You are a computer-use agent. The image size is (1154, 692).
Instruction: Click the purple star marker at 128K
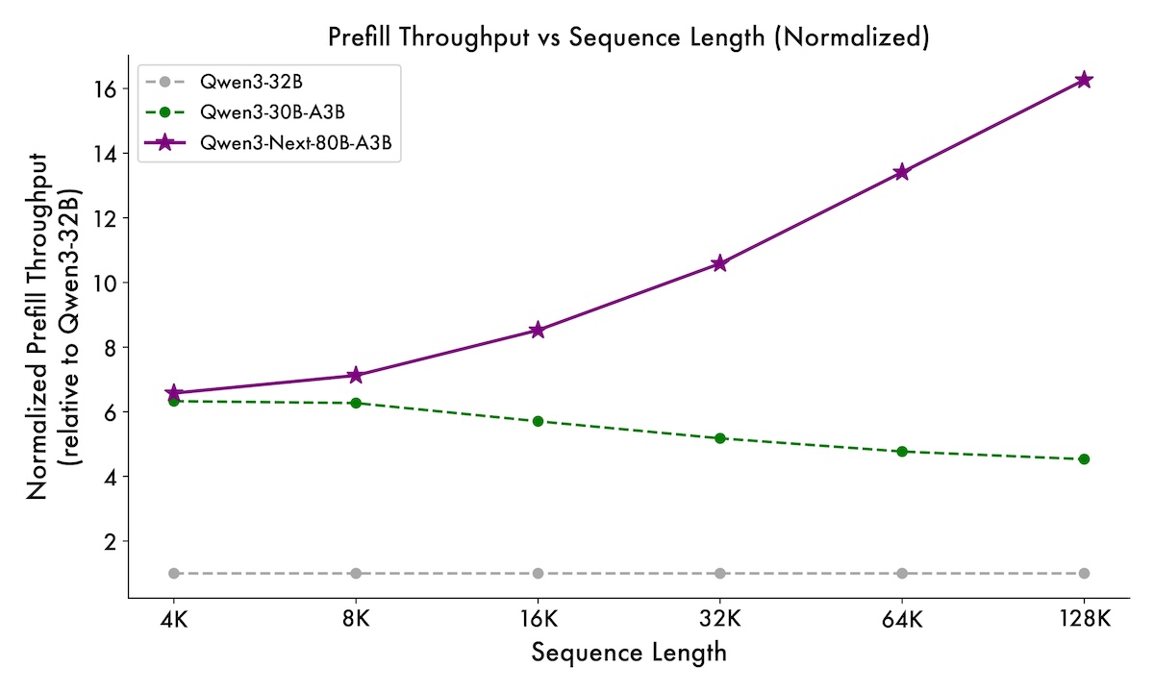click(x=1084, y=80)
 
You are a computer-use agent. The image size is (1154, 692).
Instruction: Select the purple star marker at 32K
click(x=719, y=263)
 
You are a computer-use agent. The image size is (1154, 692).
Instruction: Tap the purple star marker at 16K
click(x=538, y=330)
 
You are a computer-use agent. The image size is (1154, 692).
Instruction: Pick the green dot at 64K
click(x=902, y=451)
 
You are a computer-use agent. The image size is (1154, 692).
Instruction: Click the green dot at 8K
click(x=356, y=403)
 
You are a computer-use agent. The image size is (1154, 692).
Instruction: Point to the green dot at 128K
click(x=1084, y=458)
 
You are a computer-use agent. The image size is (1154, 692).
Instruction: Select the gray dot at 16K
click(x=538, y=573)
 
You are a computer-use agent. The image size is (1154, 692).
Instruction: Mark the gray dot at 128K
click(x=1084, y=573)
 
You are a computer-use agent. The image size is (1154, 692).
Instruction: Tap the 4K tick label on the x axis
click(x=174, y=619)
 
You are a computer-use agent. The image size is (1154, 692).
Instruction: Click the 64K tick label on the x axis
click(x=902, y=619)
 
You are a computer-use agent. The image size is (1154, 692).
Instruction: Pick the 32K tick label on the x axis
click(x=719, y=619)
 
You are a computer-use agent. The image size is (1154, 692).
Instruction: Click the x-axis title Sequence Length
click(x=629, y=654)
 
